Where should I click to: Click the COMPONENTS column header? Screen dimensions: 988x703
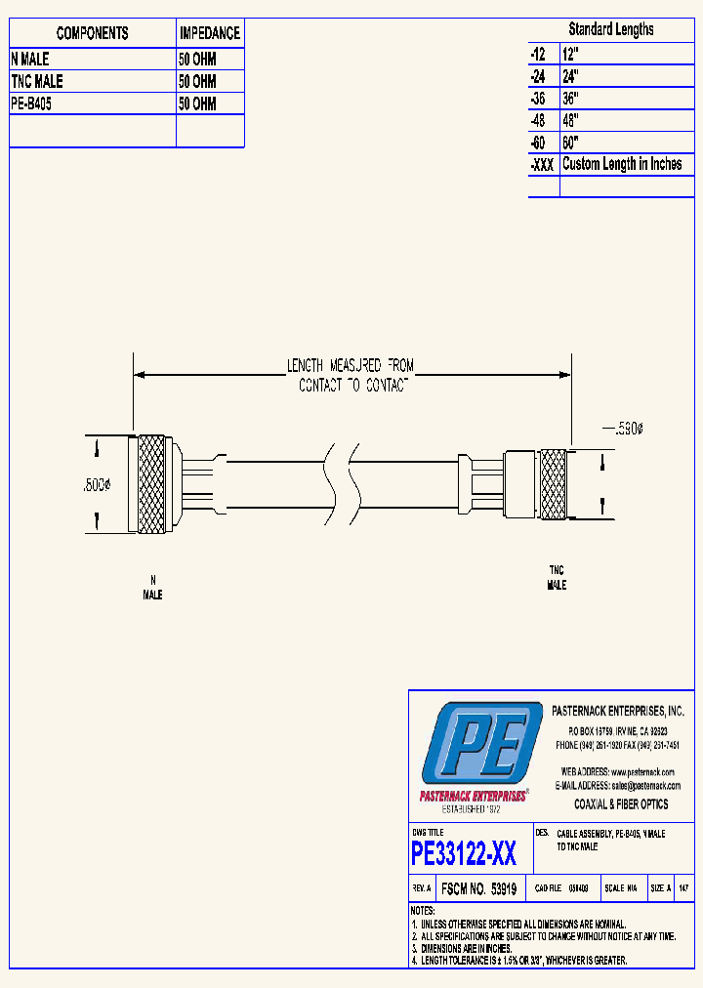pos(92,33)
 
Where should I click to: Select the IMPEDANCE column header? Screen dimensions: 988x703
pos(210,33)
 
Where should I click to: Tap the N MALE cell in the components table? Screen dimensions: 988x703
pos(30,60)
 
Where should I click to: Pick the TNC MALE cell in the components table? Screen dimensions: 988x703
pos(37,82)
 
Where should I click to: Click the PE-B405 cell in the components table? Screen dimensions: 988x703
pos(31,104)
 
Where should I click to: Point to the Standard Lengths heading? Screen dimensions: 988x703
pos(611,29)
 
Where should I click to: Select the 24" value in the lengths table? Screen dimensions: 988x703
pos(571,76)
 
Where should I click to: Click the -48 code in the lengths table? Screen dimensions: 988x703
pos(539,121)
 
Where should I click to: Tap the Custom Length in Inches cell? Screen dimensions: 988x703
pos(622,164)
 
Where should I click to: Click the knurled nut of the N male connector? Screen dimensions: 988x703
pos(150,484)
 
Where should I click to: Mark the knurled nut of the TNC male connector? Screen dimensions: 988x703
pos(553,484)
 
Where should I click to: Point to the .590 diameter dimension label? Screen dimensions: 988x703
pos(624,429)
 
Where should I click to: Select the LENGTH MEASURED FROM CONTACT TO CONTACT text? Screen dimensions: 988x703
pos(350,376)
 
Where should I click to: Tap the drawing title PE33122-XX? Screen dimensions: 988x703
pos(464,855)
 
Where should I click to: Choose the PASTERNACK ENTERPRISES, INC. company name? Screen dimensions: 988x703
pos(618,712)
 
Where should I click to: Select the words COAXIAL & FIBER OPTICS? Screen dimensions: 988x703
pos(621,804)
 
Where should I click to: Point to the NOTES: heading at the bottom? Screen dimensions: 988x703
pos(424,910)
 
